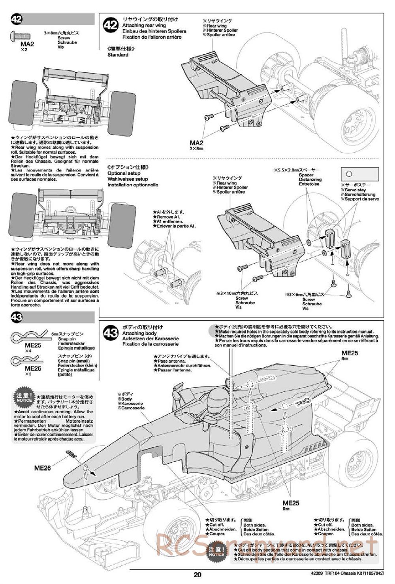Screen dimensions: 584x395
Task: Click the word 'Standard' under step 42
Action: tap(118, 55)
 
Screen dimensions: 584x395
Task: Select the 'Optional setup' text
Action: tap(124, 173)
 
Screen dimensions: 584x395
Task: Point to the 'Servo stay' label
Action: tap(355, 190)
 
